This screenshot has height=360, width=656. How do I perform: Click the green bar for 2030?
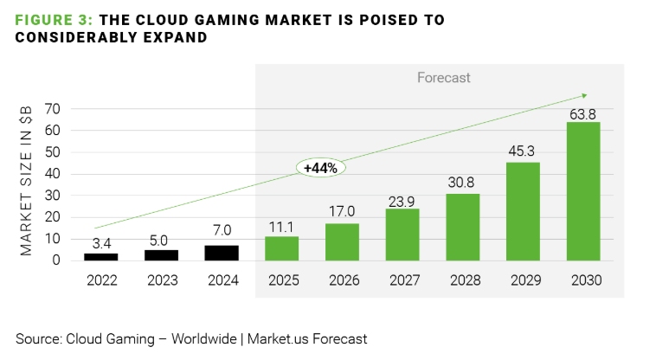pyautogui.click(x=583, y=190)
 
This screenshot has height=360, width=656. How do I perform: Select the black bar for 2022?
pyautogui.click(x=101, y=256)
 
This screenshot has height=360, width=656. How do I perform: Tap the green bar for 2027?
pyautogui.click(x=402, y=234)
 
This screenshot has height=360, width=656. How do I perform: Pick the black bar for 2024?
pyautogui.click(x=222, y=252)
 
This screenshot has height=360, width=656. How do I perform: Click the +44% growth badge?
pyautogui.click(x=320, y=168)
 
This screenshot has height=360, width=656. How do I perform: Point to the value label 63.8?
pyautogui.click(x=583, y=112)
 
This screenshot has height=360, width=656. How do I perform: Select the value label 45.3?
pyautogui.click(x=523, y=152)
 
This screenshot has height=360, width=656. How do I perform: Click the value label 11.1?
pyautogui.click(x=281, y=226)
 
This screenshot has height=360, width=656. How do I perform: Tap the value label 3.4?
pyautogui.click(x=101, y=243)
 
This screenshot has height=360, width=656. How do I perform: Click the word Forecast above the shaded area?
pyautogui.click(x=444, y=78)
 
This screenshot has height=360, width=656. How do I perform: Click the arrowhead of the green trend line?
pyautogui.click(x=584, y=94)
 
